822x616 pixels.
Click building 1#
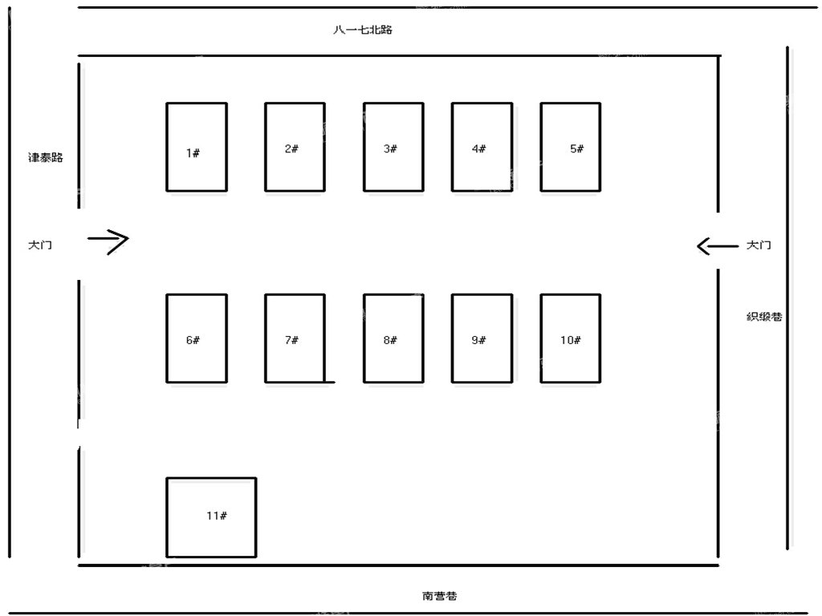197,148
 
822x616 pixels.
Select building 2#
295,148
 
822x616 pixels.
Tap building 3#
393,148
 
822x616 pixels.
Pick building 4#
482,148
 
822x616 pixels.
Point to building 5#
571,148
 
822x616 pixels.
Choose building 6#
197,338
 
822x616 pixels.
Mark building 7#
295,338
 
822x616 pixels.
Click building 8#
393,338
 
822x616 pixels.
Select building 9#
482,338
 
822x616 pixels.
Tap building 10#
571,338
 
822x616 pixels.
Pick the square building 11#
211,517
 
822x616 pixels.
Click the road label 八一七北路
363,30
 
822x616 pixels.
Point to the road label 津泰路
46,157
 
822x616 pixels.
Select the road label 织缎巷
764,316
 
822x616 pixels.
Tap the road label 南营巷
439,596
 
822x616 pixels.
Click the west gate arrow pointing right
108,241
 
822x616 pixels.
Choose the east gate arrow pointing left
717,245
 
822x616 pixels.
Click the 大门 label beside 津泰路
40,245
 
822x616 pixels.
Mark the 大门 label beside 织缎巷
759,245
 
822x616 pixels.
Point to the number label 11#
217,516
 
